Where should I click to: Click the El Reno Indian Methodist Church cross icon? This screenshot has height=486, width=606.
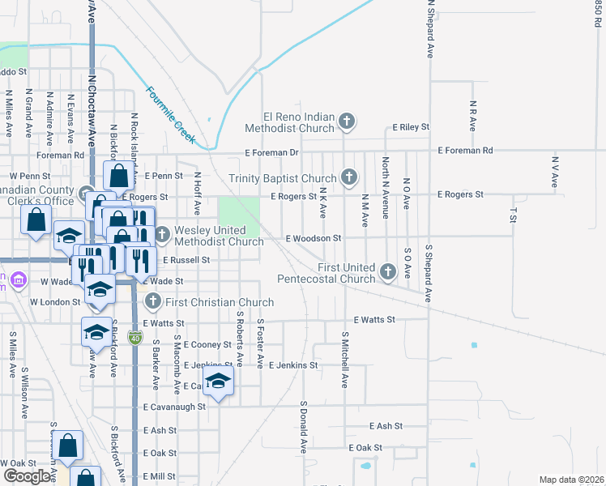click(x=347, y=122)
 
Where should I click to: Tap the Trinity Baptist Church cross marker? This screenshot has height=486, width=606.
click(x=349, y=177)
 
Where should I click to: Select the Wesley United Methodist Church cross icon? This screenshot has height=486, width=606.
click(x=162, y=235)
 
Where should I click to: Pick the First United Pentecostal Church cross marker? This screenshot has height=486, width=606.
click(x=388, y=271)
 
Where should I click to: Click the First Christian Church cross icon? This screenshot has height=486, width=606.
click(x=152, y=302)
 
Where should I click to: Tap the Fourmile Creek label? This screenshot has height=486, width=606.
click(x=171, y=115)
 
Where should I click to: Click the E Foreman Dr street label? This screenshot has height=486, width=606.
click(x=272, y=152)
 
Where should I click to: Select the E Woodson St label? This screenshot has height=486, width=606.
click(x=313, y=239)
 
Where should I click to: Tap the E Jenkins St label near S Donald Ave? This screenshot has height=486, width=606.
click(x=292, y=366)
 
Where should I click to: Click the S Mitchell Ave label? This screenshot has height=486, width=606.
click(x=344, y=360)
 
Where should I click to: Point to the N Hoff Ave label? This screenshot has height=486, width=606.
click(x=197, y=193)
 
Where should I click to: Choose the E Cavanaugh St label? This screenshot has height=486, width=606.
click(x=174, y=407)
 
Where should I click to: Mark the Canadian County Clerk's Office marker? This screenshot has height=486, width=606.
click(x=87, y=193)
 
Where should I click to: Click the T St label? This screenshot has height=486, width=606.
click(x=513, y=214)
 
